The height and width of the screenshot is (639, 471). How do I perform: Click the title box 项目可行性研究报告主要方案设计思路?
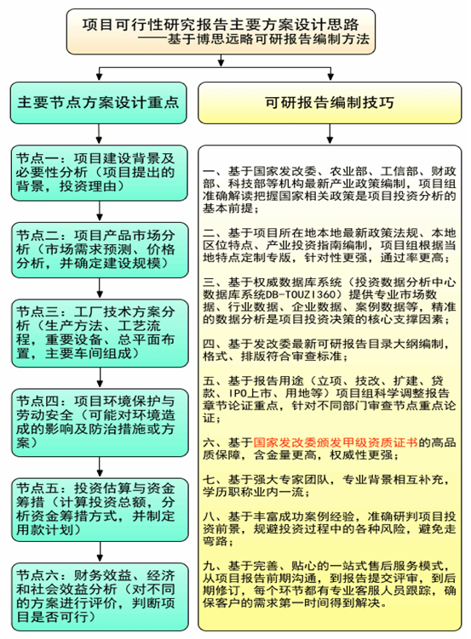coord(221,31)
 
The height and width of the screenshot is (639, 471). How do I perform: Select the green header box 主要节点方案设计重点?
coord(98,103)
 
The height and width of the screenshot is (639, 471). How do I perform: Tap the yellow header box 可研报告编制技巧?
coord(330,103)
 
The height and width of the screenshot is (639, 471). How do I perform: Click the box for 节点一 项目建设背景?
coord(100,173)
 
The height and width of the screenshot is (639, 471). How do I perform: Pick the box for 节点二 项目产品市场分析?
coord(100,250)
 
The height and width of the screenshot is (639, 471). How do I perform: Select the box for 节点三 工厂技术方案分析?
coord(100,334)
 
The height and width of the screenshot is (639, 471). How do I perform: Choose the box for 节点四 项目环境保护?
coord(100,423)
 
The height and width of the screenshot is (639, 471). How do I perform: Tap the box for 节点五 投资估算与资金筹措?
coord(100,510)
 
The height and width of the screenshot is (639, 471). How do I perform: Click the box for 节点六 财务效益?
coord(100,596)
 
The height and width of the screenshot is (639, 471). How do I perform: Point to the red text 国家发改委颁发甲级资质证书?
coord(336,442)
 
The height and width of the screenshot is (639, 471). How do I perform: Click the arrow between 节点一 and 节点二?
coord(100,211)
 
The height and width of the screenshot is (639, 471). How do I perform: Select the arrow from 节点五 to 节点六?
coord(100,552)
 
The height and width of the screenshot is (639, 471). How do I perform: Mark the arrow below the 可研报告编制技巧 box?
coord(330,134)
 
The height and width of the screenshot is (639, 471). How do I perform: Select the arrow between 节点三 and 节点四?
coord(100,378)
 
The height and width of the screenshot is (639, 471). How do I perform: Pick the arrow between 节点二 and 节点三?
coord(100,288)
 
